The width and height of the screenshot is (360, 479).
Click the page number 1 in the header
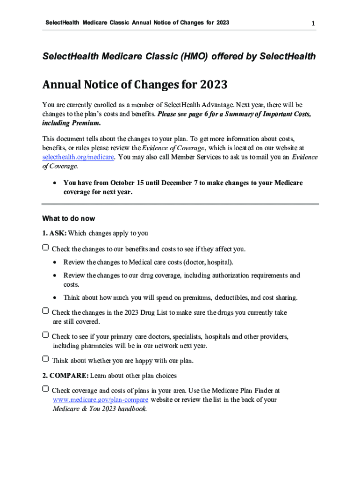tap(313, 23)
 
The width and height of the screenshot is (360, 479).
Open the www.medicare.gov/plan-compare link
tap(101, 400)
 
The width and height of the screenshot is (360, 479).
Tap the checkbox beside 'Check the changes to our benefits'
tap(45, 247)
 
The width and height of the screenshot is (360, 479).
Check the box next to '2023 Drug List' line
tap(45, 311)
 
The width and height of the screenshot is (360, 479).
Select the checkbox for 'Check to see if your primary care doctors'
tap(45, 335)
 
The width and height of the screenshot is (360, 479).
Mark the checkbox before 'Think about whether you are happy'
tap(45, 360)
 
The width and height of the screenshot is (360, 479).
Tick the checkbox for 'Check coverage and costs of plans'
tap(45, 389)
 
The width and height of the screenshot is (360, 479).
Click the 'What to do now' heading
tap(69, 218)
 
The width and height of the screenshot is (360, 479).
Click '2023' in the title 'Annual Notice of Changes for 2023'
tap(214, 85)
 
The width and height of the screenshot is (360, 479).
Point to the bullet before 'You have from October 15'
tap(56, 183)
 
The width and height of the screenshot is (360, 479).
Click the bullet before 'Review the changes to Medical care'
tap(56, 262)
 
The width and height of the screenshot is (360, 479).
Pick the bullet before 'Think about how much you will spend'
tap(56, 298)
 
